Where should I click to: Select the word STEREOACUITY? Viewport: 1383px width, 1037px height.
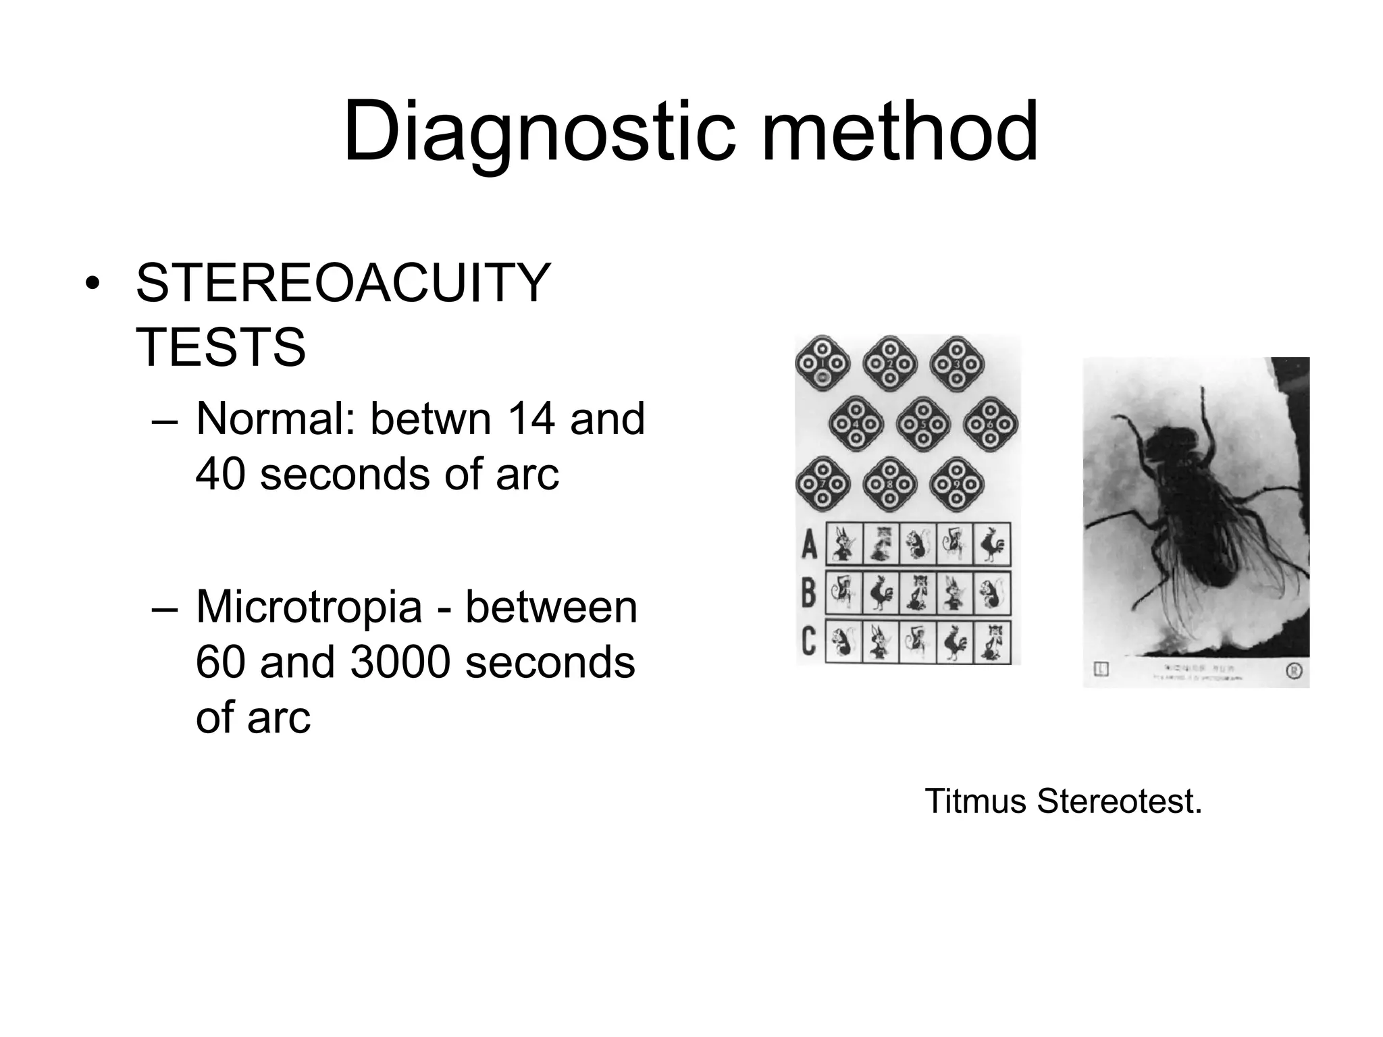click(x=343, y=284)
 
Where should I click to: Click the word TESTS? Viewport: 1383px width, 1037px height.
click(x=221, y=348)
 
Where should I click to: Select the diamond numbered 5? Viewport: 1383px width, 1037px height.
click(x=923, y=425)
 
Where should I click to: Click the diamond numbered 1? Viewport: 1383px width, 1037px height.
click(x=822, y=364)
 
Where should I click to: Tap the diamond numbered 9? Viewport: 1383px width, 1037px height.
click(x=956, y=485)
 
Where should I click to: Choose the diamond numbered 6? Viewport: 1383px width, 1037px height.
click(x=990, y=425)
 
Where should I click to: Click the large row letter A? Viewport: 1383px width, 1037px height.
click(x=809, y=544)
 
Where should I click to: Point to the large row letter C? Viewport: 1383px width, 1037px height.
click(x=809, y=641)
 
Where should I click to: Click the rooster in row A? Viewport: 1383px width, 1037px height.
click(x=991, y=544)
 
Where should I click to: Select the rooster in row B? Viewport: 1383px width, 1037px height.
click(x=881, y=593)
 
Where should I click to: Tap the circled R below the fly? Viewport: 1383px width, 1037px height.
click(x=1293, y=671)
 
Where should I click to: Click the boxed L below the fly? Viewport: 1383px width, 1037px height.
click(x=1101, y=670)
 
